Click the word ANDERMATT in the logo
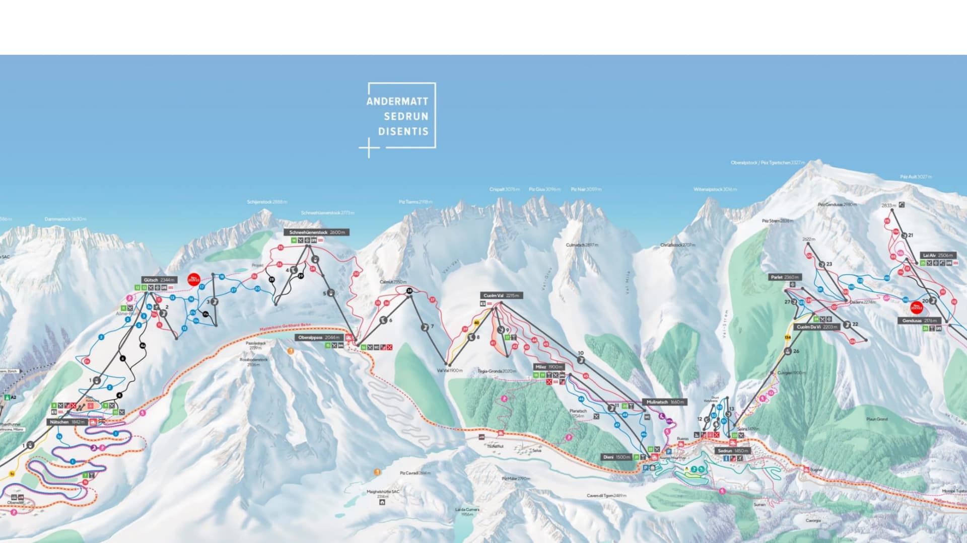[x=397, y=101]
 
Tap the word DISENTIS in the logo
[x=403, y=131]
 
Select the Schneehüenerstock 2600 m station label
[x=317, y=232]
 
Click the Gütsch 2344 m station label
[x=159, y=280]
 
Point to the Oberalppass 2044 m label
[x=319, y=338]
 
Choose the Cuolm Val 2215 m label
[x=501, y=295]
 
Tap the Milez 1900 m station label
[x=549, y=367]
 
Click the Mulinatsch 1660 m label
[x=665, y=402]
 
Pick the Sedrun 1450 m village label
[x=733, y=451]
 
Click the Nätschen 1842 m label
[x=67, y=422]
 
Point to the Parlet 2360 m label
[x=785, y=277]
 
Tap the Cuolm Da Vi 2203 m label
[x=817, y=327]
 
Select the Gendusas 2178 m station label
[x=919, y=321]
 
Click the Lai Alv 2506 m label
[x=938, y=255]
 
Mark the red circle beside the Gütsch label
[x=194, y=280]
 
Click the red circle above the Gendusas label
[x=917, y=307]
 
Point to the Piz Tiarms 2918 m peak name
[x=416, y=202]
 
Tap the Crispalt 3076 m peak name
[x=504, y=189]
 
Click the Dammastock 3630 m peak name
[x=65, y=219]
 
